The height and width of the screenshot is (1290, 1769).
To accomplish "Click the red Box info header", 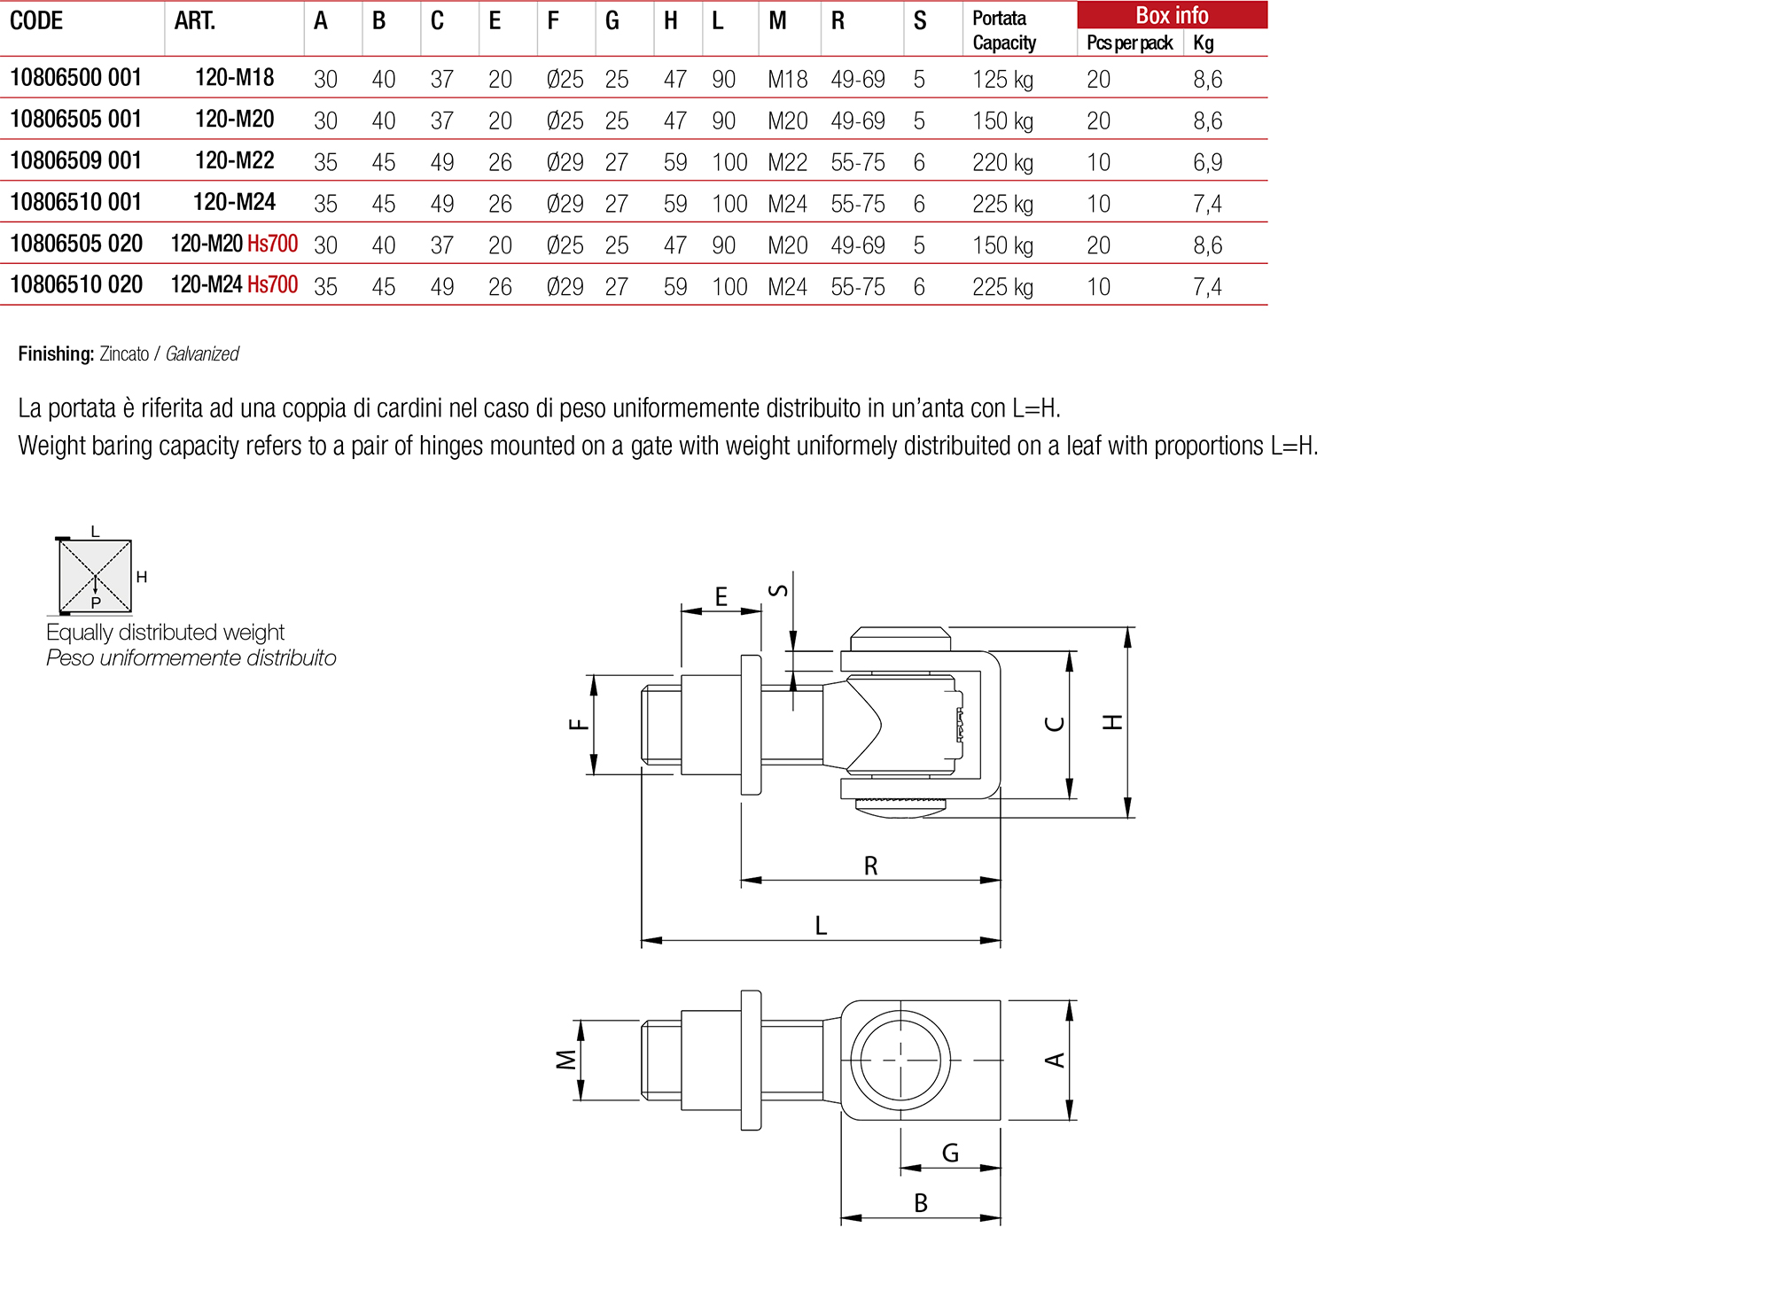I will [x=1171, y=15].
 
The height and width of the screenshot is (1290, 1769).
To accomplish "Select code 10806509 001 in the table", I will [x=75, y=160].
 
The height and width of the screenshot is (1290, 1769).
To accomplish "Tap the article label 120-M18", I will [x=234, y=78].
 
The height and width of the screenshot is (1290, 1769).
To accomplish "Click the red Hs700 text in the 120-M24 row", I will [x=272, y=285].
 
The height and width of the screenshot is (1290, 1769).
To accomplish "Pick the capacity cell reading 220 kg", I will [x=1001, y=163].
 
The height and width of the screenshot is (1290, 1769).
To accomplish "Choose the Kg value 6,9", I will [x=1206, y=163].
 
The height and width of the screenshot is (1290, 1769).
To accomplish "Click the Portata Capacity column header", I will [x=1003, y=30].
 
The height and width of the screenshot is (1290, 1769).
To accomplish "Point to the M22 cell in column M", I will [x=787, y=163].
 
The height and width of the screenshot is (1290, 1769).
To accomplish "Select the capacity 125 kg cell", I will [x=1001, y=80].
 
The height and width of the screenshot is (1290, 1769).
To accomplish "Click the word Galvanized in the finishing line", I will [x=202, y=354].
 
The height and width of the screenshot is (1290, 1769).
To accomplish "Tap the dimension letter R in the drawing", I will [x=870, y=866].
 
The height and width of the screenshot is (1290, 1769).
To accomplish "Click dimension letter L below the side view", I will [x=821, y=926].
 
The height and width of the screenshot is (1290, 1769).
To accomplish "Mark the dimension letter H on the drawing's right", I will [x=1112, y=722].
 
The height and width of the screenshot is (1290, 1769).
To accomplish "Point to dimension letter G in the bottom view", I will [x=950, y=1153].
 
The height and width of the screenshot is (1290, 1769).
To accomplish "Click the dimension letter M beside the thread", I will [x=565, y=1060].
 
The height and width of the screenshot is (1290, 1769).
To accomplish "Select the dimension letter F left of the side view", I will [x=579, y=725].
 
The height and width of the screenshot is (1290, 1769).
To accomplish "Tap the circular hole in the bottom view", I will [x=900, y=1060].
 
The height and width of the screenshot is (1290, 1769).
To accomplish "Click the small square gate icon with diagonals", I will [x=95, y=576].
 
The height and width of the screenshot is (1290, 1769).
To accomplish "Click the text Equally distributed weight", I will [x=165, y=633].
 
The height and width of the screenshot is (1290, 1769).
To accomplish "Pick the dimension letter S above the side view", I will [x=777, y=590].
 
